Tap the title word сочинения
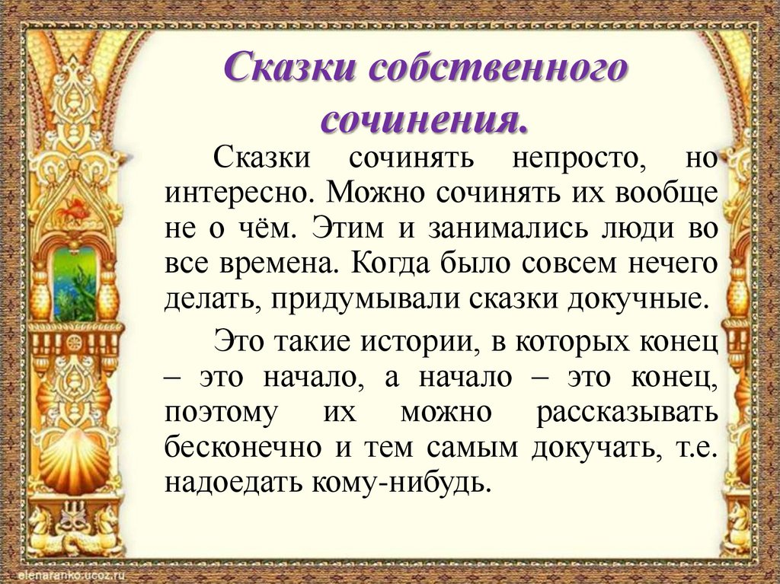pos(424,119)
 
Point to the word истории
pos(416,340)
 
